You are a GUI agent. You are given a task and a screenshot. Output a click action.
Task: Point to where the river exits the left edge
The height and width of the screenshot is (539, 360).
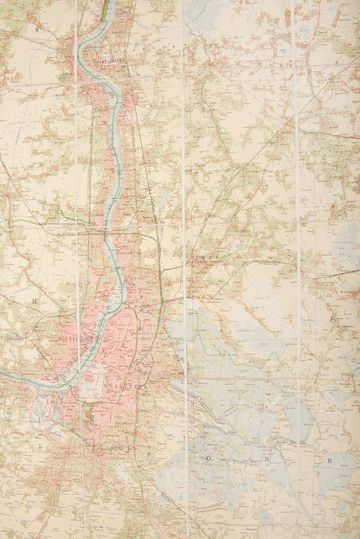click(x=3, y=375)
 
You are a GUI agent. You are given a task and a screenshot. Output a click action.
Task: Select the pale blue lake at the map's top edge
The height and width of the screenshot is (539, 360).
click(x=199, y=10)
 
